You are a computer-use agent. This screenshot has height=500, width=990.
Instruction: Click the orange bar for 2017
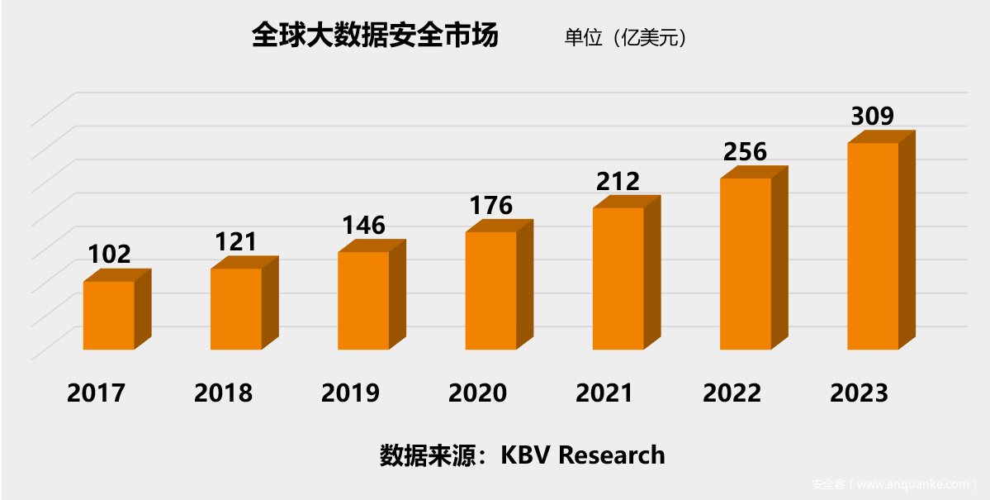(109, 315)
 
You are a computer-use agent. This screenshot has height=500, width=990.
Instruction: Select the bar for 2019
(363, 300)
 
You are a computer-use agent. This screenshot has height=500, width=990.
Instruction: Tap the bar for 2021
(618, 278)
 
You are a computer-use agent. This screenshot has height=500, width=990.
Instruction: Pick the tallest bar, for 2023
(873, 245)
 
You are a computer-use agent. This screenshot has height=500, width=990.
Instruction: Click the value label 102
(110, 254)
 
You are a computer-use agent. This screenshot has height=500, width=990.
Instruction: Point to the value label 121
(236, 241)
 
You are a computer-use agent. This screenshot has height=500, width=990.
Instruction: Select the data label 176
(491, 204)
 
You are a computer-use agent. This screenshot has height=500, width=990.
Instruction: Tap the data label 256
(746, 151)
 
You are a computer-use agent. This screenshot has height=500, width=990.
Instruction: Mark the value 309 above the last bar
(873, 116)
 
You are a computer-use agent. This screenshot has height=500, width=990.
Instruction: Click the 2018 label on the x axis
(223, 393)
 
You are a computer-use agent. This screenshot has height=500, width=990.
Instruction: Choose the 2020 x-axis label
(477, 393)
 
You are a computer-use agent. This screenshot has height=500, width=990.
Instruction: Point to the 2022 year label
(732, 393)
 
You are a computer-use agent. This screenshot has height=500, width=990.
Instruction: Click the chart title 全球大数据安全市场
(375, 37)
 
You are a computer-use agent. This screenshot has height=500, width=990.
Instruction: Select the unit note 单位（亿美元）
(625, 38)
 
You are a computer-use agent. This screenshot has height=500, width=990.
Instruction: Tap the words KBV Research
(583, 455)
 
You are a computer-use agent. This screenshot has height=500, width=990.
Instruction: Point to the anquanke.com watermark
(895, 484)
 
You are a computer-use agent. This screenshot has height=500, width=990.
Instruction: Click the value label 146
(364, 225)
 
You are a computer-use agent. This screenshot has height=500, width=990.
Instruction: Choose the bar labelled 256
(746, 264)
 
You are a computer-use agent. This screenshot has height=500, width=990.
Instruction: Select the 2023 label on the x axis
(860, 393)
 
